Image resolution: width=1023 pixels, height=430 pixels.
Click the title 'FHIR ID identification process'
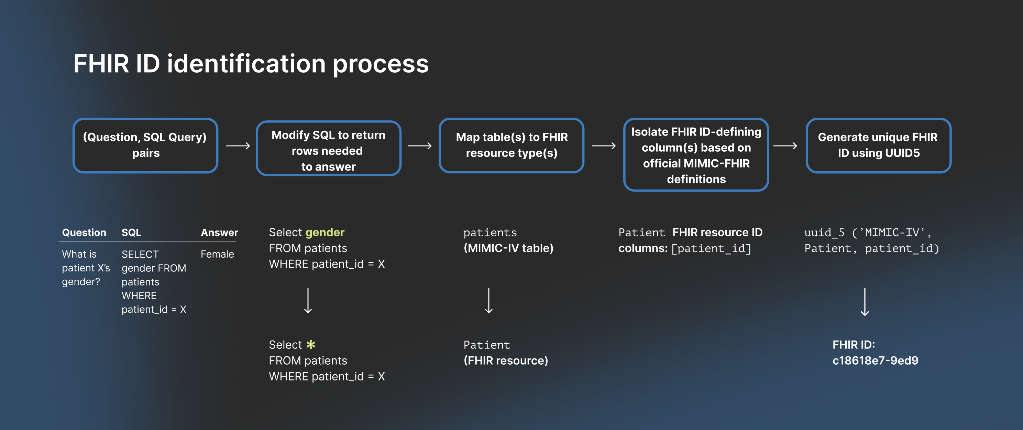coord(251,64)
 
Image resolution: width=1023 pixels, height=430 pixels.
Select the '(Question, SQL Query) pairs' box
coord(145,146)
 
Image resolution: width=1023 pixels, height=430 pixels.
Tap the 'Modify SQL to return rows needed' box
coord(328,149)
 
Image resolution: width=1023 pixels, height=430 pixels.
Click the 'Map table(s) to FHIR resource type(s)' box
coord(511,146)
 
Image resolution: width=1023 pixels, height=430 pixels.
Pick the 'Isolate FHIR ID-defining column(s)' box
coord(696,155)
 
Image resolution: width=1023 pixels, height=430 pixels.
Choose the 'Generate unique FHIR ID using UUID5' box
coord(878,146)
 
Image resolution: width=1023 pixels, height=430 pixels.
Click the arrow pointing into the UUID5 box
coord(785,146)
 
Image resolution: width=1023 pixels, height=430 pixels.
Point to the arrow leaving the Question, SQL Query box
coord(238,146)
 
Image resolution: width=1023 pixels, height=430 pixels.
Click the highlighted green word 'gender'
coord(325,232)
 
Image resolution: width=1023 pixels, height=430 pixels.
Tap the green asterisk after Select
coord(311,345)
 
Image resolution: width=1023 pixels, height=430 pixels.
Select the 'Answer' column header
coord(219,233)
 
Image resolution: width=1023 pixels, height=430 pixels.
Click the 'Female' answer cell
coord(217,254)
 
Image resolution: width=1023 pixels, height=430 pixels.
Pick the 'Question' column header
coord(84,233)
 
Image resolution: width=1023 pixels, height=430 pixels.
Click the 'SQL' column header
coord(131,233)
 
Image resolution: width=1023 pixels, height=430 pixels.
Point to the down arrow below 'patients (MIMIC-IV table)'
coord(489,301)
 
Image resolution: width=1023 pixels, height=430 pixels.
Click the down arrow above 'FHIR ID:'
coord(865,302)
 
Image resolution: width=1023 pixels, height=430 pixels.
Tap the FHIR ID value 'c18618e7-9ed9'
coord(875,361)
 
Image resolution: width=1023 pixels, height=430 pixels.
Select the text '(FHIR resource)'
coord(506,361)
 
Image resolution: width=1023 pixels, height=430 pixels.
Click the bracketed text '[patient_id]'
coord(711,248)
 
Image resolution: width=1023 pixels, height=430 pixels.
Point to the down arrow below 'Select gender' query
coord(308,301)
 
